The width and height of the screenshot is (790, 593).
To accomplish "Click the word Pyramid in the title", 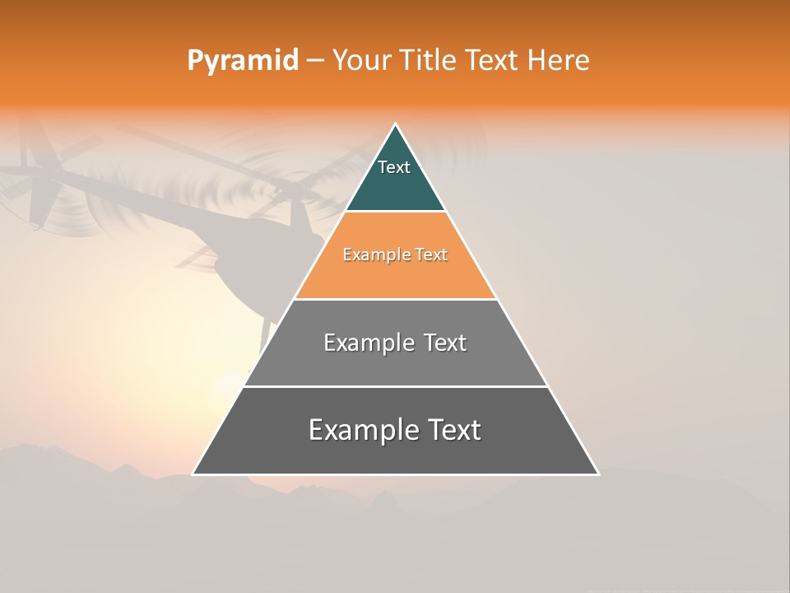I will pyautogui.click(x=242, y=61).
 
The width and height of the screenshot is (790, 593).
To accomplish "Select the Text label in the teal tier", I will pyautogui.click(x=394, y=167).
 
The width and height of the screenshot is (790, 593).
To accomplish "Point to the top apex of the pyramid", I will pyautogui.click(x=395, y=124).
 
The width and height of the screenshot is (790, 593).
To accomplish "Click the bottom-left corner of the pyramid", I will pyautogui.click(x=193, y=474).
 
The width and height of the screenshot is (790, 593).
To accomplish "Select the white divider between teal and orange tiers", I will pyautogui.click(x=395, y=212).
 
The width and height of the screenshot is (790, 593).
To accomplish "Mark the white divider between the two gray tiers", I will pyautogui.click(x=395, y=386).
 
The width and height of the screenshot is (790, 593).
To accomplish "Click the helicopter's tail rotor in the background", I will pyautogui.click(x=33, y=185).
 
